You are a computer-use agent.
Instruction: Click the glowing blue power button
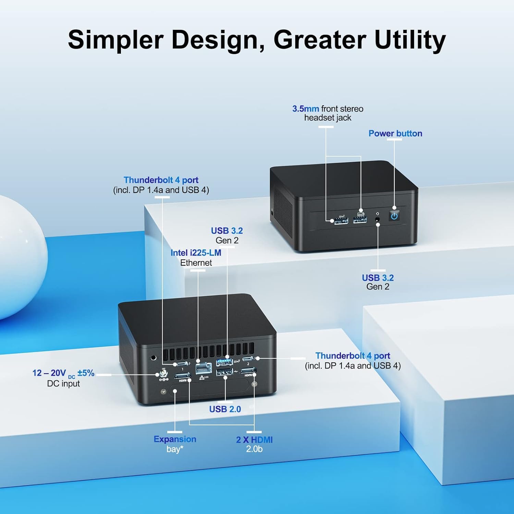click(x=394, y=216)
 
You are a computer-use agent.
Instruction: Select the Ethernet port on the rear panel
click(x=204, y=368)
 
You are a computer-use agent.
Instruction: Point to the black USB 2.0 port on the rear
click(x=224, y=372)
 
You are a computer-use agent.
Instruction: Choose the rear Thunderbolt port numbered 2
click(x=248, y=359)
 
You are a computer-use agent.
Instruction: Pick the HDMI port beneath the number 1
click(x=183, y=376)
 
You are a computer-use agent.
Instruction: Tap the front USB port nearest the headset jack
click(x=360, y=220)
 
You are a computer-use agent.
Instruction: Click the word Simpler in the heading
click(x=115, y=40)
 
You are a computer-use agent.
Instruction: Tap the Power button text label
click(x=395, y=133)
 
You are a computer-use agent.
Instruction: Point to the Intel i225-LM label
click(x=196, y=253)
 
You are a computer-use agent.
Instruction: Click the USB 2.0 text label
click(x=225, y=409)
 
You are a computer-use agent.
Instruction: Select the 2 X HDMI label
click(x=254, y=440)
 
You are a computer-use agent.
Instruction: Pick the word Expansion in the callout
click(x=175, y=439)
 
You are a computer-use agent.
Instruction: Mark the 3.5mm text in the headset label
click(x=306, y=109)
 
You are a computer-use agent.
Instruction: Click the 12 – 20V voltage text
click(x=49, y=373)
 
